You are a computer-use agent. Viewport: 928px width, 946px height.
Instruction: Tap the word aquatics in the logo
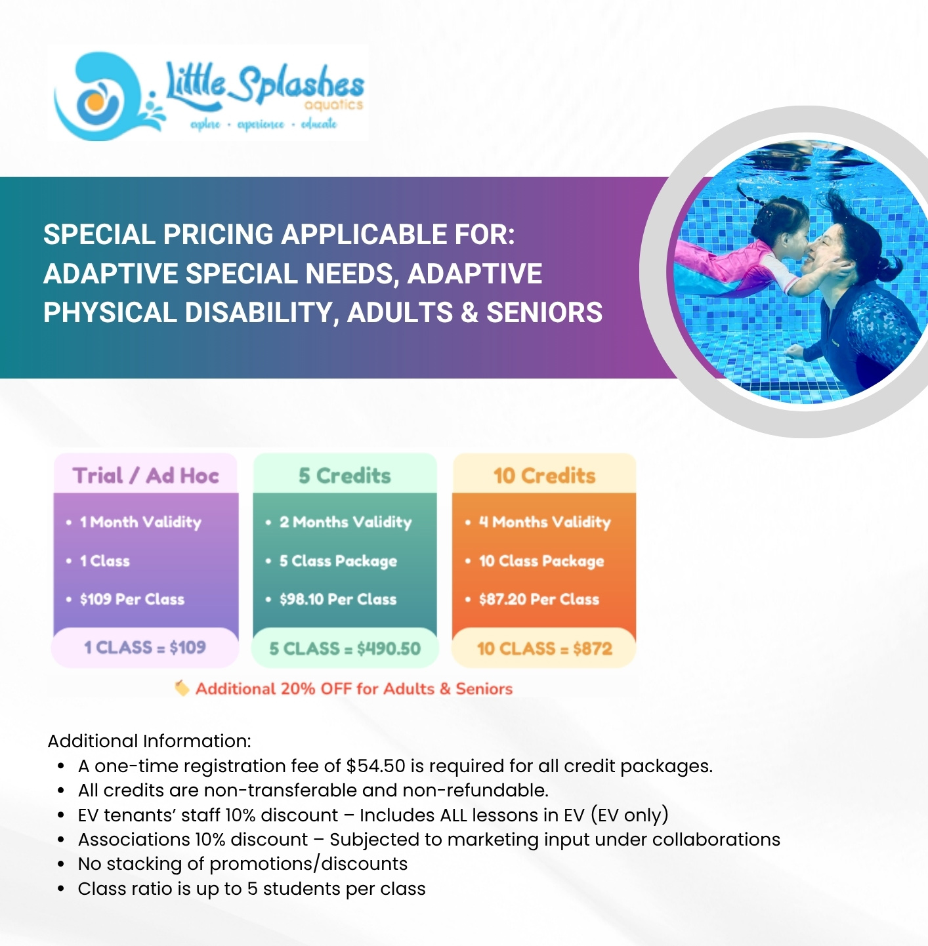tap(333, 105)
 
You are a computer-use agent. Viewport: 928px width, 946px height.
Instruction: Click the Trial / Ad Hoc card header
tap(146, 475)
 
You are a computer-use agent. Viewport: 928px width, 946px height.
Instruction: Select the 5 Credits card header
tap(345, 475)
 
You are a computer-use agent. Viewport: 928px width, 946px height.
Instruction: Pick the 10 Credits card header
tap(544, 475)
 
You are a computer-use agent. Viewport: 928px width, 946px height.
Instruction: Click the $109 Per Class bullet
tap(132, 599)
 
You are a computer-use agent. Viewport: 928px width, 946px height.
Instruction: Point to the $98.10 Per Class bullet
tap(338, 599)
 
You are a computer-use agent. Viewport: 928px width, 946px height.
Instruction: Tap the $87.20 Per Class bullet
tap(539, 599)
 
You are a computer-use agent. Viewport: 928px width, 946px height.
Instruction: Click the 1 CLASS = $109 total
tap(145, 648)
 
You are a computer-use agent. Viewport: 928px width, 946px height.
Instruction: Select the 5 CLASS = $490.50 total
tap(345, 649)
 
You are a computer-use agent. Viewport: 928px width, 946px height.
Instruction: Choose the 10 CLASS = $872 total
tap(544, 649)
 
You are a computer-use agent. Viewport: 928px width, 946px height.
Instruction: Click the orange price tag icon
tap(182, 688)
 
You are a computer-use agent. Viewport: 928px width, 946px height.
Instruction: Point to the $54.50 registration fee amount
tap(376, 766)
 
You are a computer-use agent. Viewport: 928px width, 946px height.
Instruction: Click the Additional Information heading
tap(150, 741)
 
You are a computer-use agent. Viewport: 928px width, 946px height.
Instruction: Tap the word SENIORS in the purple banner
tap(544, 312)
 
